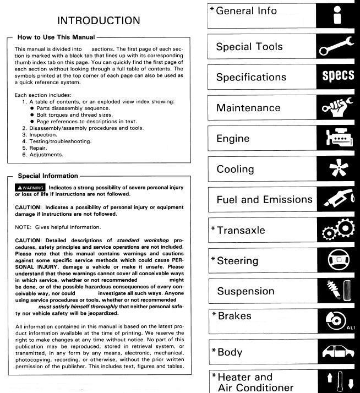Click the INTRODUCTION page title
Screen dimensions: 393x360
tap(99, 21)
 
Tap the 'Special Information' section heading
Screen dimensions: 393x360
tap(48, 176)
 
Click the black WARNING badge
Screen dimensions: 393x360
tap(30, 188)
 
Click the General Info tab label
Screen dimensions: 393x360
tap(246, 11)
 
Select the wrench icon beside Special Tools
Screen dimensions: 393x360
tap(337, 46)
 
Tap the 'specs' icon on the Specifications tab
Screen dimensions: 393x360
tap(337, 77)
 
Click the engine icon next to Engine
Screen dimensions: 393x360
tap(337, 138)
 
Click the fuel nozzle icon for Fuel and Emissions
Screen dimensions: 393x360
tap(337, 200)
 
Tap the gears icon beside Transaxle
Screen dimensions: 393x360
tap(337, 230)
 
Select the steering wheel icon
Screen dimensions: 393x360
tap(337, 261)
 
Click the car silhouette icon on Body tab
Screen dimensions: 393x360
tap(337, 351)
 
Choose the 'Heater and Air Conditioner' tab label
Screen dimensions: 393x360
tap(255, 382)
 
